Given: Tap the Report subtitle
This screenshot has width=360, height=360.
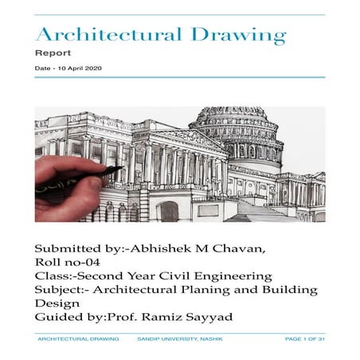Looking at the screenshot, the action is (x=53, y=53).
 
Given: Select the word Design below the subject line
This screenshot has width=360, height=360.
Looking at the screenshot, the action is (x=57, y=303).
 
